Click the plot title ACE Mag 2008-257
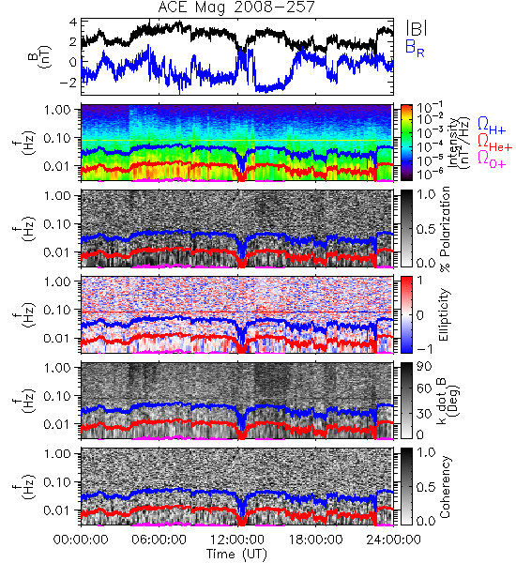[236, 7]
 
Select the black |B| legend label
[417, 28]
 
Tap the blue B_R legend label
[416, 48]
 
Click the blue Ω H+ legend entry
[492, 126]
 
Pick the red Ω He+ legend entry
[494, 143]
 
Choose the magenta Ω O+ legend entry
[492, 160]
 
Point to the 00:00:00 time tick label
[81, 540]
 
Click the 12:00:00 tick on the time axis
[237, 540]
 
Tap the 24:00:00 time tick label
[393, 540]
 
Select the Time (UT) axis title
[237, 554]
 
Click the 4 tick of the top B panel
[73, 22]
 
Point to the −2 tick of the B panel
[68, 83]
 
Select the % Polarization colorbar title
[445, 229]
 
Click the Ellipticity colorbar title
[445, 314]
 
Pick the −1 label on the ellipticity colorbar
[425, 349]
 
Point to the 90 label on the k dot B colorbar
[424, 366]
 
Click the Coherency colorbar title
[445, 487]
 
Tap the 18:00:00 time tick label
[315, 540]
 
